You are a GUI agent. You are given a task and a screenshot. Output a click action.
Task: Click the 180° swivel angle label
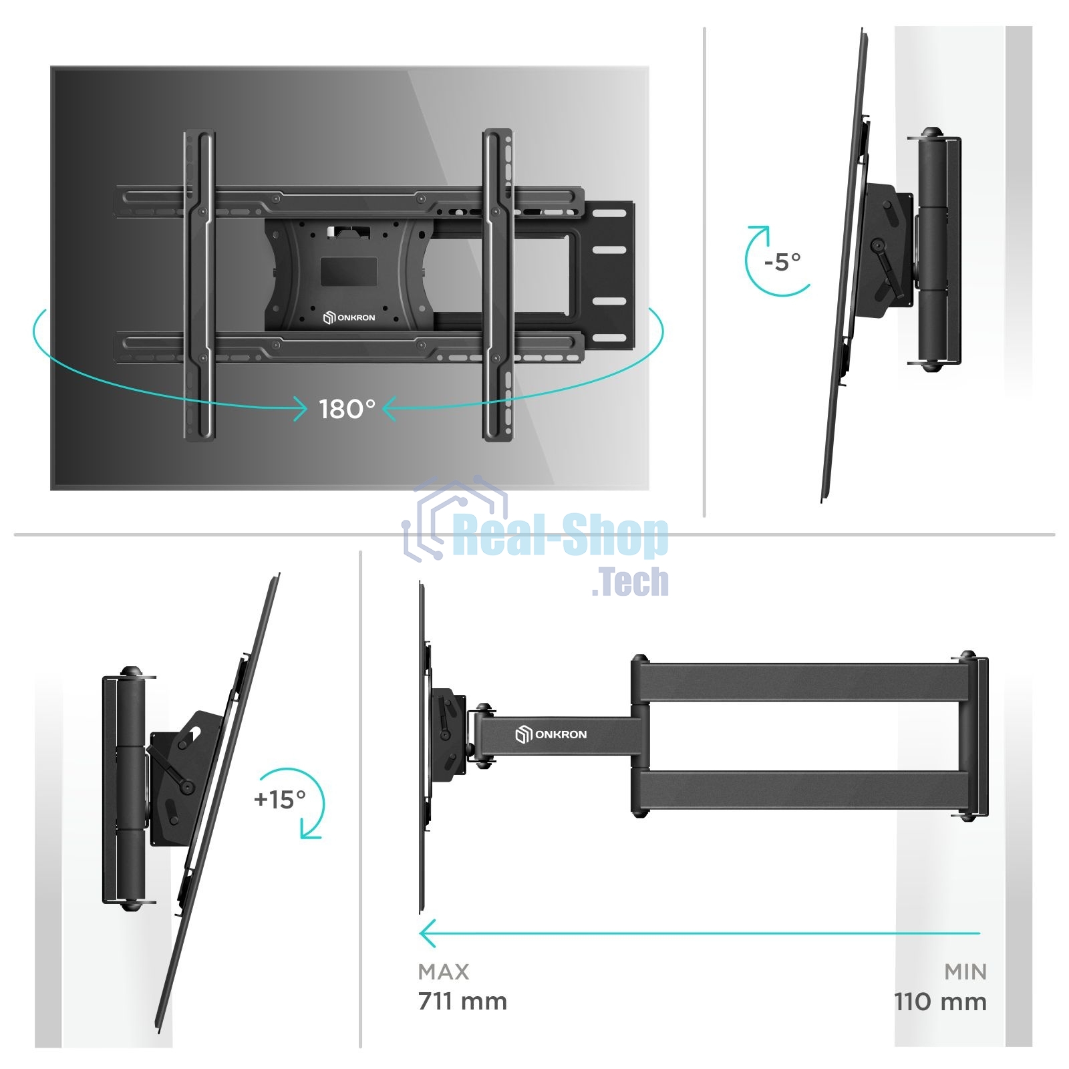(347, 409)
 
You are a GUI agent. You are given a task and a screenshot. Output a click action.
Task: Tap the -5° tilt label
(782, 261)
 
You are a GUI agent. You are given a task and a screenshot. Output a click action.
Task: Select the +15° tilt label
(279, 798)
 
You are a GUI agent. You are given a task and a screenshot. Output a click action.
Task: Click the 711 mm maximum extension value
(462, 1002)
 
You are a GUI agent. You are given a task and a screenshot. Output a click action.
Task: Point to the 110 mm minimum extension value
(940, 1002)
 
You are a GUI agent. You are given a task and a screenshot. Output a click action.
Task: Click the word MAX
(444, 971)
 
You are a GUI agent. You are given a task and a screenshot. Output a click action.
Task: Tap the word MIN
(965, 971)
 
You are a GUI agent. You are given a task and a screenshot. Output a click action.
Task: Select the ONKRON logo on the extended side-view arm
(551, 735)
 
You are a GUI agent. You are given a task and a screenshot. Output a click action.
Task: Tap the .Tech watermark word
(630, 581)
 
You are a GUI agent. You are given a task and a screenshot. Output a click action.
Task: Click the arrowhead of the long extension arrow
(428, 933)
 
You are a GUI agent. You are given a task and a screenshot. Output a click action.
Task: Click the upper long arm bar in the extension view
(802, 681)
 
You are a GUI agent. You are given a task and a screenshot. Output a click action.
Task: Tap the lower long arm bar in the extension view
(802, 792)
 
